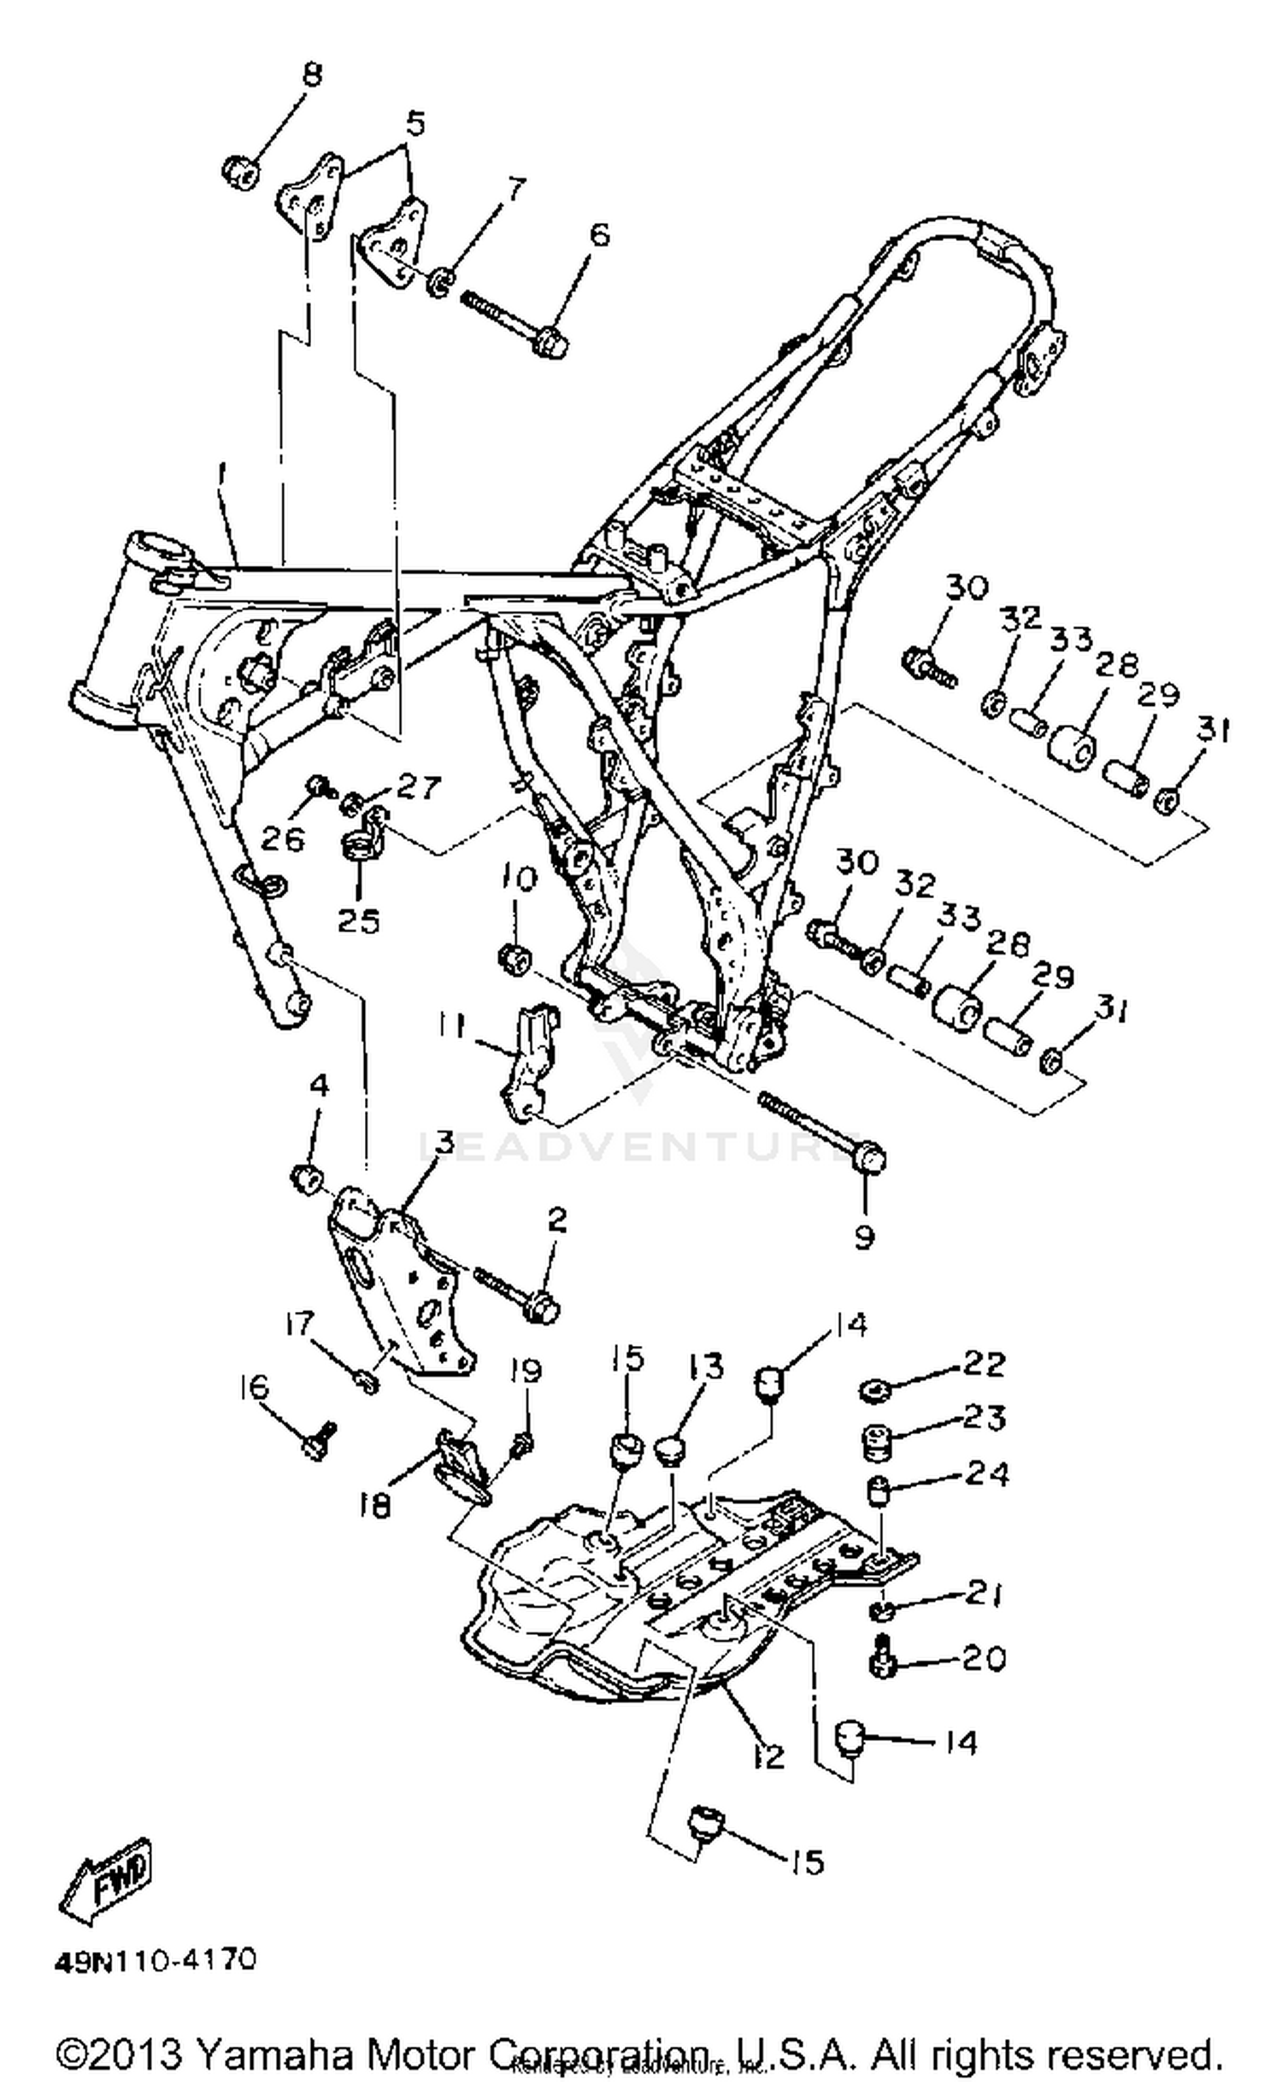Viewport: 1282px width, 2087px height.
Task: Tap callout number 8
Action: (313, 75)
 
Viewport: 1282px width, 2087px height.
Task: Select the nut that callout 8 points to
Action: (241, 173)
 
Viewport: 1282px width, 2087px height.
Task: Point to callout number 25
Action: (357, 920)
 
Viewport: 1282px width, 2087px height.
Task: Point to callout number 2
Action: (556, 1220)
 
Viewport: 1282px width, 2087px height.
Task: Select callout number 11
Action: (451, 1026)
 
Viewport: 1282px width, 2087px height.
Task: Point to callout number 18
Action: (375, 1504)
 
